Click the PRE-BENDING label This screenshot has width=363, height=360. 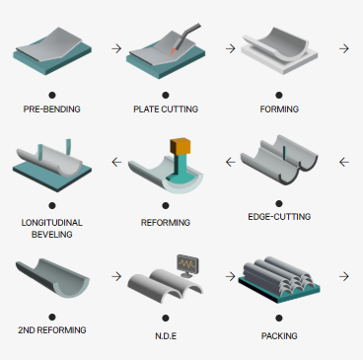click(52, 109)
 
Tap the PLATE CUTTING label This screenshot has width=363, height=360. click(166, 109)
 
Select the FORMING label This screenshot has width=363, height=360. click(279, 109)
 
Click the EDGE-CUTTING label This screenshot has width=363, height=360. click(279, 217)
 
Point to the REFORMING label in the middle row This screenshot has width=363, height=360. click(166, 223)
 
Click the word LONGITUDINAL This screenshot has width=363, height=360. click(52, 223)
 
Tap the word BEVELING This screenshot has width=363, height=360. click(52, 235)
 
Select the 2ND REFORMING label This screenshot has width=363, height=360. click(52, 330)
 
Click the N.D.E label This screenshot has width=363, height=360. click(166, 336)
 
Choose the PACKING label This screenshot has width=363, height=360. click(279, 336)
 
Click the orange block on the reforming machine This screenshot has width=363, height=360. click(181, 146)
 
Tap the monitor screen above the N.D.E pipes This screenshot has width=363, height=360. click(187, 263)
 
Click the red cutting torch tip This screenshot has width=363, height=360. click(173, 51)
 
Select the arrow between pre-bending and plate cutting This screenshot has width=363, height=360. click(116, 48)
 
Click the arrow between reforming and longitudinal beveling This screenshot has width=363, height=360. click(116, 162)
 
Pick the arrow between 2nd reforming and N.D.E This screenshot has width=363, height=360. click(116, 276)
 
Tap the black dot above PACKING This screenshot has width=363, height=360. click(279, 319)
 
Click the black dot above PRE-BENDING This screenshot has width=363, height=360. click(52, 96)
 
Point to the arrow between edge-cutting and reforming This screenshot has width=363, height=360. click(231, 162)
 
